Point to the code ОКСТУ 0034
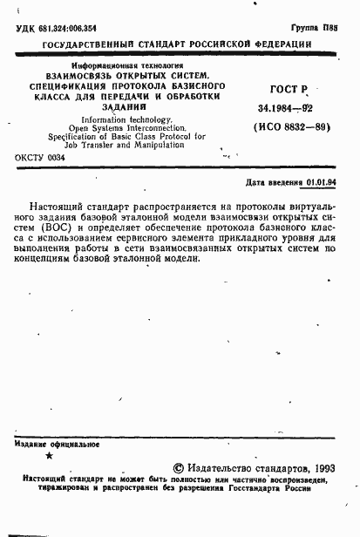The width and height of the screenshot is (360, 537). tap(41, 159)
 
